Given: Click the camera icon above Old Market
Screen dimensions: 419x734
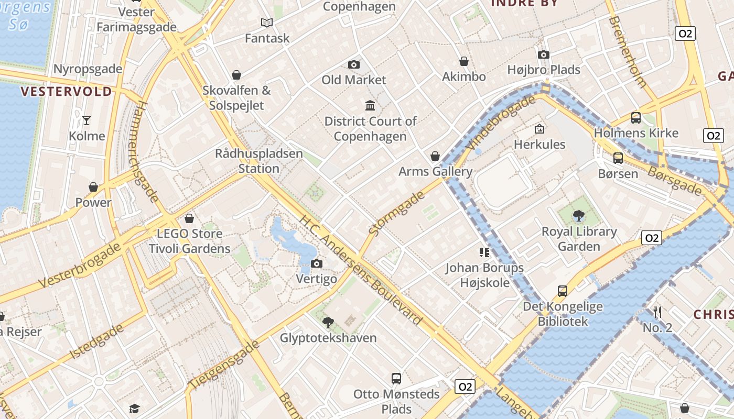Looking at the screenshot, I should click(x=354, y=64).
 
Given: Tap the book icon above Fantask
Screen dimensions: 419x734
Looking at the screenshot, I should click(x=267, y=23).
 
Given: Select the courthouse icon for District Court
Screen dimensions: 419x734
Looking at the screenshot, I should click(x=370, y=105).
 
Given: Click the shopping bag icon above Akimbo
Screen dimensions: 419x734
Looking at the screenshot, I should click(x=464, y=61).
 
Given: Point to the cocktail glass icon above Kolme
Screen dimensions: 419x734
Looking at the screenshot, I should click(x=87, y=120).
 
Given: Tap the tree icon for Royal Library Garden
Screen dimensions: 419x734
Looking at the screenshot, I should click(x=579, y=215).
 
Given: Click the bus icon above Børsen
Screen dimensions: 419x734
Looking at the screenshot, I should click(x=618, y=158).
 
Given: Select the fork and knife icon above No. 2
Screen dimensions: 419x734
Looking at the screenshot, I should click(x=657, y=312).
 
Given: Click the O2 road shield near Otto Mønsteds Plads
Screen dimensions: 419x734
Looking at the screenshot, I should click(x=465, y=387).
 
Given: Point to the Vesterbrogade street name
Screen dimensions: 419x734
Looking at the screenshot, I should click(x=80, y=266).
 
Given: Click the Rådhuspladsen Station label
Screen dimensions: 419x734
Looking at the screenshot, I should click(x=259, y=161).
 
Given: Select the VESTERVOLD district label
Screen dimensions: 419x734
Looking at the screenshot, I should click(x=66, y=92).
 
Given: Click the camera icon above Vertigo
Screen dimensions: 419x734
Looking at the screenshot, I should click(x=317, y=263).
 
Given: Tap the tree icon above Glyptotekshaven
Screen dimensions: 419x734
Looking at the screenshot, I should click(x=328, y=322).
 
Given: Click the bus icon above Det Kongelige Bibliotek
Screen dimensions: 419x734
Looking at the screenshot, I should click(x=563, y=291).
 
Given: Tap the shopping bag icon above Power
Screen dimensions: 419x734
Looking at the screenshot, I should click(x=93, y=187).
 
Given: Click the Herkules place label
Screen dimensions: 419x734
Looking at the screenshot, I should click(x=539, y=144).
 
